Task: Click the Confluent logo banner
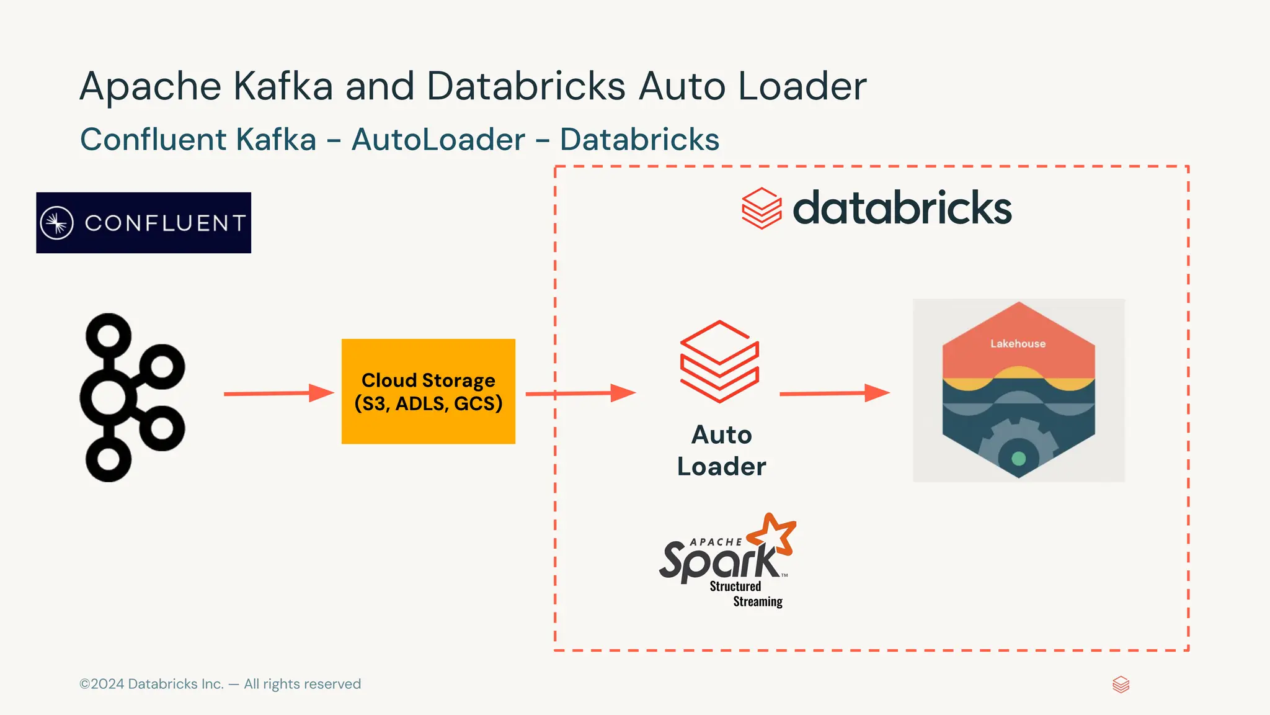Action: coord(143,223)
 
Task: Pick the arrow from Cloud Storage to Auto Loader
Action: coord(580,393)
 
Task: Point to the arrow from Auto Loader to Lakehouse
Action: coord(833,393)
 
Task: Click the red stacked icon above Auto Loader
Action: coord(719,362)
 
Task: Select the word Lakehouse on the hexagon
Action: coord(1018,344)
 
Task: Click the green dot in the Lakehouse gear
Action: coord(1018,459)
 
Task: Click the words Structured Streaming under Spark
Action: coord(745,594)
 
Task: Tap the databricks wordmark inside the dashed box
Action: coord(902,208)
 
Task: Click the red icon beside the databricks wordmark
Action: coord(762,209)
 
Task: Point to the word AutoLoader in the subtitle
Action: coord(438,139)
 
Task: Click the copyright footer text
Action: coord(220,684)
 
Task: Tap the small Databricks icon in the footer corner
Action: coord(1121,685)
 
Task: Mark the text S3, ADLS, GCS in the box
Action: coord(428,404)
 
